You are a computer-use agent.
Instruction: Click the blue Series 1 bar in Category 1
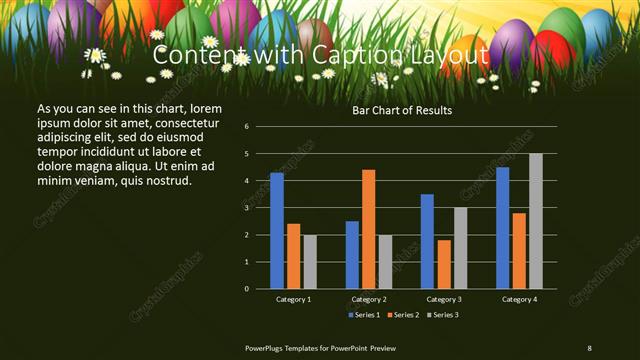coord(277,231)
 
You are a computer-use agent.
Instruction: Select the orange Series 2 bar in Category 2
coord(369,229)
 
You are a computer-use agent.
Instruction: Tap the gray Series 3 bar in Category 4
coord(536,221)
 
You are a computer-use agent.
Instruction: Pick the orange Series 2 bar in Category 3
coord(444,264)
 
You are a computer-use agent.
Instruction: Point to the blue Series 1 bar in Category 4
coord(503,228)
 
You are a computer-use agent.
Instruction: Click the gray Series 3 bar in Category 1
coord(310,262)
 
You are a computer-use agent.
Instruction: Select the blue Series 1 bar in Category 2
coord(352,255)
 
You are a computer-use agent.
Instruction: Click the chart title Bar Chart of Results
coord(402,110)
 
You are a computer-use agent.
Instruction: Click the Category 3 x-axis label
coord(444,299)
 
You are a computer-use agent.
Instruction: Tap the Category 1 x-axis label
coord(293,299)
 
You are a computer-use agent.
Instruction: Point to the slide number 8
coord(590,347)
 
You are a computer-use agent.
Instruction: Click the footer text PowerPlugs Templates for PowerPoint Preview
coord(321,347)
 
